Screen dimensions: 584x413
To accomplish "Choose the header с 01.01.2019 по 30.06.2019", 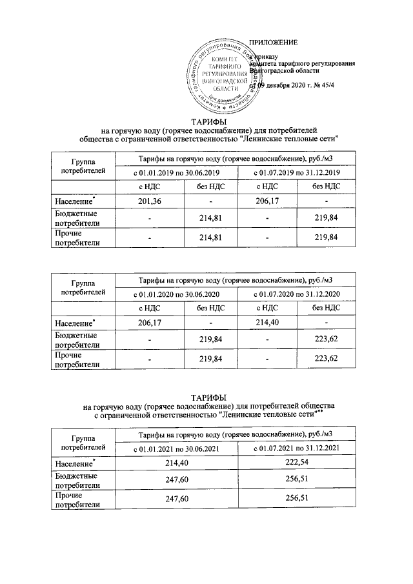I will pos(177,172).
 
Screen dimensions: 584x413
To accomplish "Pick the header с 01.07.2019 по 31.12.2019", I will pos(296,172).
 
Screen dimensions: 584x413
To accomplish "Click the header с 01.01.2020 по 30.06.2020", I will pos(177,294).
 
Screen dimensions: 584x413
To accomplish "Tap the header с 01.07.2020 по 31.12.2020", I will pos(296,294).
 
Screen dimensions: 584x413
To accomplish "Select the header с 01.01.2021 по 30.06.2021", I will pos(177,447).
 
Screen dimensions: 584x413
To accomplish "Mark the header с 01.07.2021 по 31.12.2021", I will pos(296,447).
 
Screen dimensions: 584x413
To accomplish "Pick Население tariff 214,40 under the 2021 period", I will pos(177,462).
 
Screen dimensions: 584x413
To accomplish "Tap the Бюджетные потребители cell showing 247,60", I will pos(177,481).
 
